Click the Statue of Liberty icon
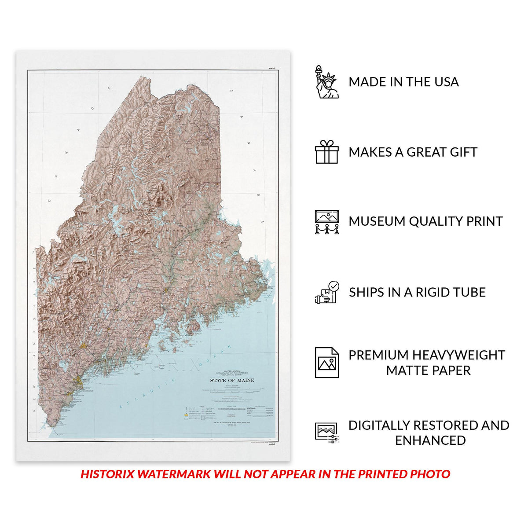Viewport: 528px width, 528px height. pyautogui.click(x=326, y=82)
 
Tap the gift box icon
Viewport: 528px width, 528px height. pyautogui.click(x=326, y=152)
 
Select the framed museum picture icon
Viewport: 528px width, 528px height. pyautogui.click(x=326, y=221)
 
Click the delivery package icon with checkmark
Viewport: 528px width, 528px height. pyautogui.click(x=326, y=292)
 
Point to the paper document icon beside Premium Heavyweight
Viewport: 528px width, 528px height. pyautogui.click(x=326, y=363)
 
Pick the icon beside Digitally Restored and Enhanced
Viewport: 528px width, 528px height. pyautogui.click(x=326, y=433)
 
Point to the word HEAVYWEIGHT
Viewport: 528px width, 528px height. pyautogui.click(x=459, y=355)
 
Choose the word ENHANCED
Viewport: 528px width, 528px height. pyautogui.click(x=430, y=440)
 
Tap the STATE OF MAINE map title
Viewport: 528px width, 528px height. pyautogui.click(x=232, y=381)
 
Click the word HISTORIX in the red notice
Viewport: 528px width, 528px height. pyautogui.click(x=107, y=474)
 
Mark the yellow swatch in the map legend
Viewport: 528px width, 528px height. pyautogui.click(x=186, y=415)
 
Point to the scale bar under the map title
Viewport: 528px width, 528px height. pyautogui.click(x=232, y=389)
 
